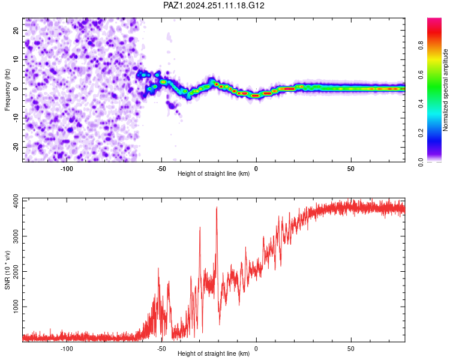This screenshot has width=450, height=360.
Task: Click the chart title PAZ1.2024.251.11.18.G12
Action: point(214,5)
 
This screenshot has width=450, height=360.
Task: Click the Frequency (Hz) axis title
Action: point(7,90)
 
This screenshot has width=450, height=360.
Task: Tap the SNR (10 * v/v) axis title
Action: point(7,270)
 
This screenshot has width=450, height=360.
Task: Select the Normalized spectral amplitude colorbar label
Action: point(445,90)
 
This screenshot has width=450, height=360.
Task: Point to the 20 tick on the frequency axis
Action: point(16,30)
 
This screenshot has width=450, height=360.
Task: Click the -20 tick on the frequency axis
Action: point(16,147)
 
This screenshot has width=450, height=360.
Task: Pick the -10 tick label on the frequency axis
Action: point(16,118)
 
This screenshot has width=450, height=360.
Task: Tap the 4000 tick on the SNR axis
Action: point(16,201)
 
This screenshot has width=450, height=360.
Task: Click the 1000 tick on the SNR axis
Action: point(16,307)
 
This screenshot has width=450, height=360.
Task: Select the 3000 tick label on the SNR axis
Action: point(16,236)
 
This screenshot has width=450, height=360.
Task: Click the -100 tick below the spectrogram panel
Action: point(67,169)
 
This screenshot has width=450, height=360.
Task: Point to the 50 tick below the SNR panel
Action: point(351,349)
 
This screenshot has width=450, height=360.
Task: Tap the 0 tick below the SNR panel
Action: point(256,349)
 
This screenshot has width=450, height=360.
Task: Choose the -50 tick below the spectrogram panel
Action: point(161,169)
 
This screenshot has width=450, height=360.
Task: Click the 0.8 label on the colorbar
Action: point(421,46)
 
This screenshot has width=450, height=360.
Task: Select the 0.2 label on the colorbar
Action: point(421,133)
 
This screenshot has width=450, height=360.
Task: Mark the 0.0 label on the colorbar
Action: point(421,162)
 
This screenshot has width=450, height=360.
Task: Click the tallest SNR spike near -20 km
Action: point(217,207)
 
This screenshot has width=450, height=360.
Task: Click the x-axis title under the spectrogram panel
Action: point(214,173)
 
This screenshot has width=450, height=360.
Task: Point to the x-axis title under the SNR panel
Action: point(214,353)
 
